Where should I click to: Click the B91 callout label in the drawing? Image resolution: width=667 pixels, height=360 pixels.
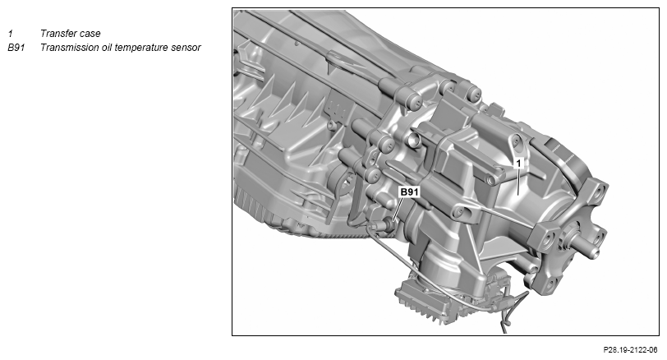pyautogui.click(x=409, y=192)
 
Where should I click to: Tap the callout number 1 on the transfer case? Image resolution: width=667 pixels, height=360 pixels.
pyautogui.click(x=518, y=164)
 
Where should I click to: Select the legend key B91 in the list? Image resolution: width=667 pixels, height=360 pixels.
pyautogui.click(x=16, y=47)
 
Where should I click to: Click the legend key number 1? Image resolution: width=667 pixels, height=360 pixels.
pyautogui.click(x=11, y=33)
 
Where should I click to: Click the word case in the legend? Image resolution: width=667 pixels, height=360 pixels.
pyautogui.click(x=90, y=34)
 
